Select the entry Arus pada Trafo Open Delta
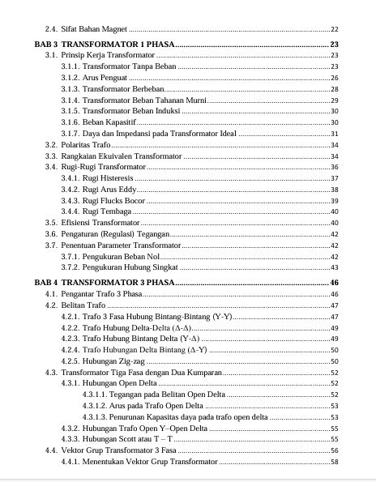pyautogui.click(x=154, y=405)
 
